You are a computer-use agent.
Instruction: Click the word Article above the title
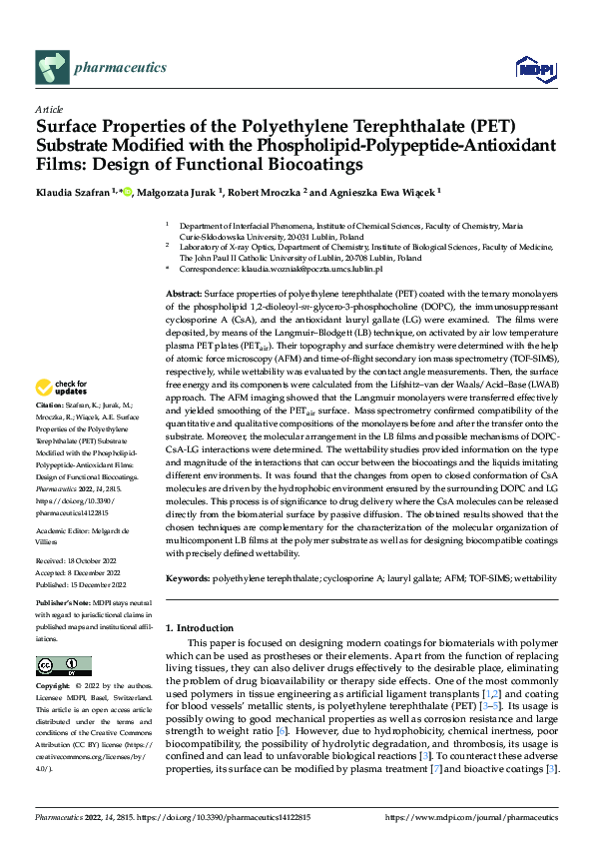pyautogui.click(x=49, y=109)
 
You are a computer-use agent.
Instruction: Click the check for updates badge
pyautogui.click(x=61, y=415)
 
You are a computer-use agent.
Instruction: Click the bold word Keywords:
pyautogui.click(x=189, y=578)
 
